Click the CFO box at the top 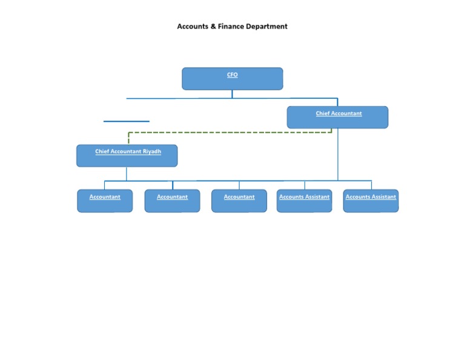coord(232,79)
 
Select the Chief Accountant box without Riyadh coord(337,117)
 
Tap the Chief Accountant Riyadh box coord(127,155)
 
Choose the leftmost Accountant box coord(105,201)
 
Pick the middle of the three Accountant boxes coord(172,201)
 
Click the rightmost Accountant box coord(239,201)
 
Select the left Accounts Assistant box coord(304,201)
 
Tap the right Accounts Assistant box coord(371,201)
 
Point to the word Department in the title coord(266,27)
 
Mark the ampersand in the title coord(213,27)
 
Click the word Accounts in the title coord(193,27)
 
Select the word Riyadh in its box coord(152,152)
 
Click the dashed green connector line coord(230,132)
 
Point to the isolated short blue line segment coord(126,121)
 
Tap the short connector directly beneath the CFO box coord(232,94)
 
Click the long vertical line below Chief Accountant coord(338,155)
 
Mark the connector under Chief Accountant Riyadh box coord(127,173)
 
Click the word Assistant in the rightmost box coord(383,197)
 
